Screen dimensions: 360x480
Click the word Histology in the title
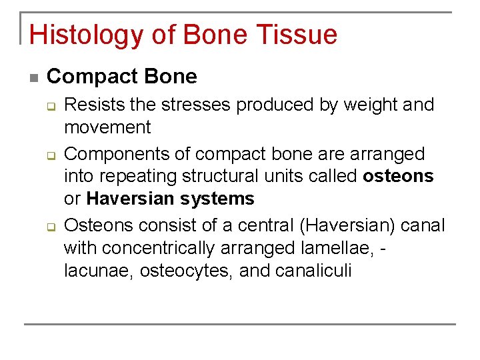[x=81, y=35]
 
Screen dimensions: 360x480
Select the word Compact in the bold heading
[x=87, y=77]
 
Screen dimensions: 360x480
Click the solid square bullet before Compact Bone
[x=34, y=78]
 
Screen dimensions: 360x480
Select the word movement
[x=107, y=127]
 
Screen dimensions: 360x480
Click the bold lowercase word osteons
[x=398, y=176]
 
